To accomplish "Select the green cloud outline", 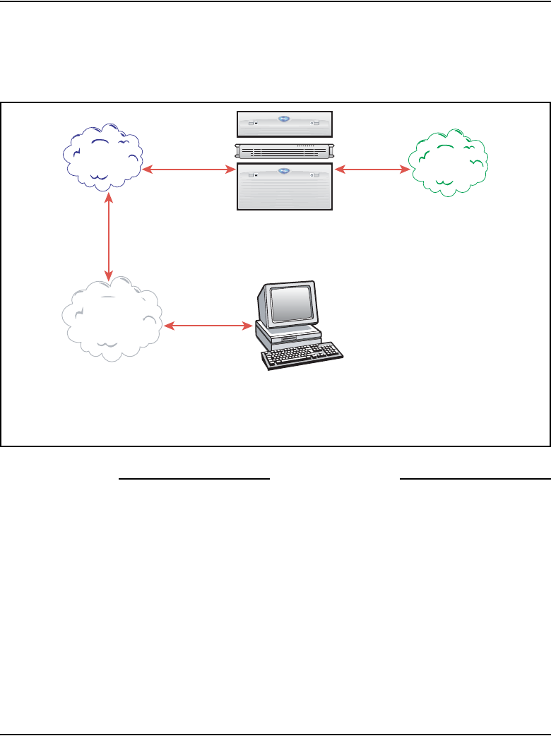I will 449,162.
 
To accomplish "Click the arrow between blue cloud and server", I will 189,170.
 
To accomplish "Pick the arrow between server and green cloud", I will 372,170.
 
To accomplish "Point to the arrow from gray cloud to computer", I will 208,326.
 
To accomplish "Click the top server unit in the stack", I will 284,124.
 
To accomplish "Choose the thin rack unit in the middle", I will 284,151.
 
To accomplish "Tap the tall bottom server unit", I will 284,186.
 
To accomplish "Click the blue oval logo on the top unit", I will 284,120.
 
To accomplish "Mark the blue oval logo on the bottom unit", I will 284,170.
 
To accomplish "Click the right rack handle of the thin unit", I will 329,151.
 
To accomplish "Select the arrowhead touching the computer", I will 248,326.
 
